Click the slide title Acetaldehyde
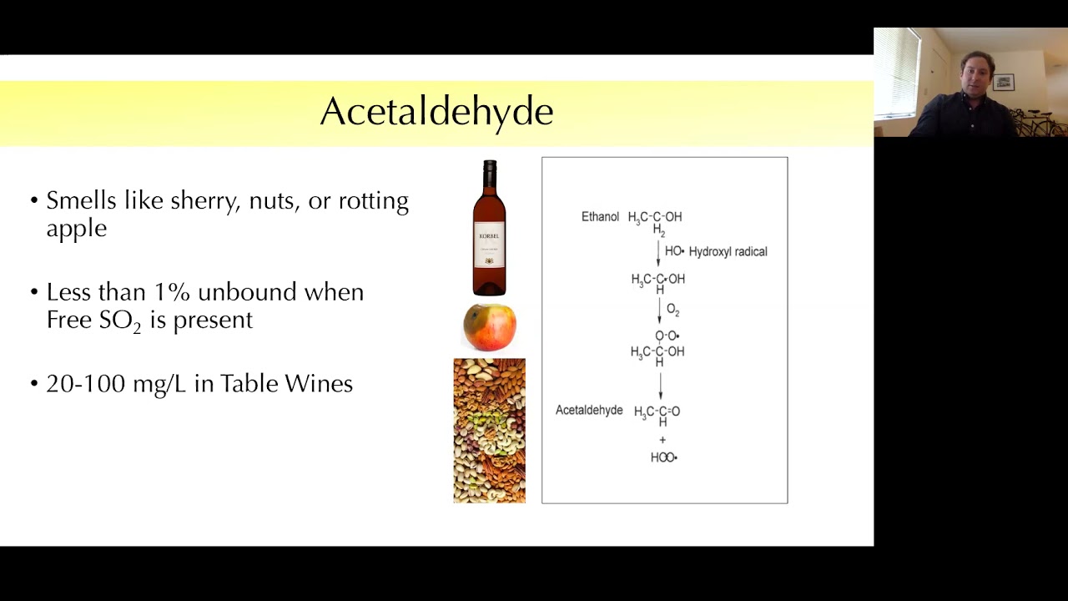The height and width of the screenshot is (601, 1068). (436, 112)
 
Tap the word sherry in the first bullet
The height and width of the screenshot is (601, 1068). (204, 201)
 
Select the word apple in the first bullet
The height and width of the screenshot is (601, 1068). (76, 229)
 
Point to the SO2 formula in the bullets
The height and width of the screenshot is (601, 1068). (120, 321)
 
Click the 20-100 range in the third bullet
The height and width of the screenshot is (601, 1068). (86, 383)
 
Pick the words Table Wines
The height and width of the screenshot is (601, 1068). (286, 383)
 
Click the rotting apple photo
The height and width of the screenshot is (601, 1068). (490, 327)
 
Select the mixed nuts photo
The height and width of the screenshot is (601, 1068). (489, 431)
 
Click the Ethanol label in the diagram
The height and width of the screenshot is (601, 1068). (600, 216)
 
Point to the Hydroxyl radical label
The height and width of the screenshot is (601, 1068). (728, 252)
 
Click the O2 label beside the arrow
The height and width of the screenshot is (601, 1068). (673, 310)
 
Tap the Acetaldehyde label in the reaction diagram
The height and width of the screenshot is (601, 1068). (589, 410)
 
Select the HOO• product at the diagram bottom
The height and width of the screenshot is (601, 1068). (664, 457)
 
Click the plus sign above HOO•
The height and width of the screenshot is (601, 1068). (662, 440)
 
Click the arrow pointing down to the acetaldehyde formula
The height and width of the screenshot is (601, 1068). (660, 386)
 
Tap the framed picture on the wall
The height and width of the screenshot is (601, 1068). (1003, 82)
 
